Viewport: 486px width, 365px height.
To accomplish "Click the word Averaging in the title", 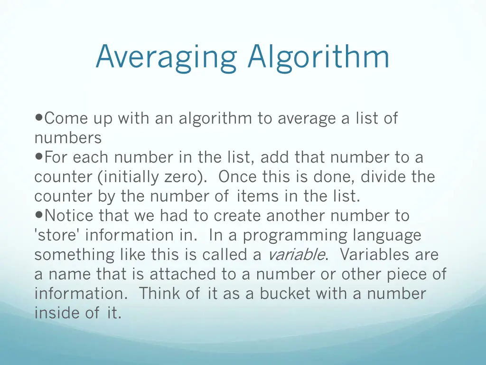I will (166, 58).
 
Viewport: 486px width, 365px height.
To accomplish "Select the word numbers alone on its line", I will (68, 138).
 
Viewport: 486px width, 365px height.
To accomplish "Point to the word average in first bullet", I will (307, 118).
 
